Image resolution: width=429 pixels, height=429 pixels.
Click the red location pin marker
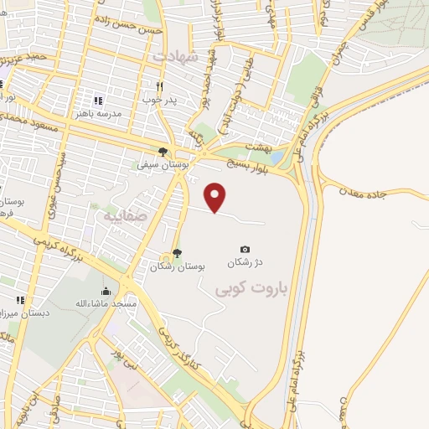(x=216, y=197)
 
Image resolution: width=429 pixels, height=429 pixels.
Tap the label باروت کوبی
(x=251, y=289)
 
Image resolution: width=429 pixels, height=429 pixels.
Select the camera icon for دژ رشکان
(x=245, y=249)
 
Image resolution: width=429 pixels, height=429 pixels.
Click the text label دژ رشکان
(x=245, y=263)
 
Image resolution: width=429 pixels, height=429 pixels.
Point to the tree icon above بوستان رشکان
(x=177, y=253)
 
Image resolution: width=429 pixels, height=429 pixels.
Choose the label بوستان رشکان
(x=178, y=266)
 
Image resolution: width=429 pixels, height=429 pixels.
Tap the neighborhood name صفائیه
(x=125, y=215)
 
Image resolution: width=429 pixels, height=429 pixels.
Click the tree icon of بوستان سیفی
(x=163, y=152)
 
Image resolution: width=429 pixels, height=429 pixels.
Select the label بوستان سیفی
(x=161, y=165)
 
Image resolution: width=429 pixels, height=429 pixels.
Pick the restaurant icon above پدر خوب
(x=159, y=86)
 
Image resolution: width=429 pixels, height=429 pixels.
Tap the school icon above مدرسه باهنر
(x=99, y=99)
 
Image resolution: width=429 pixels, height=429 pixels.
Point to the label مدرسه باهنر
(x=98, y=112)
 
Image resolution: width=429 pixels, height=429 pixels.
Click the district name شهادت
(x=177, y=56)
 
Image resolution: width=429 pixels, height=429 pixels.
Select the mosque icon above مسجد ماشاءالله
(x=105, y=292)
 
